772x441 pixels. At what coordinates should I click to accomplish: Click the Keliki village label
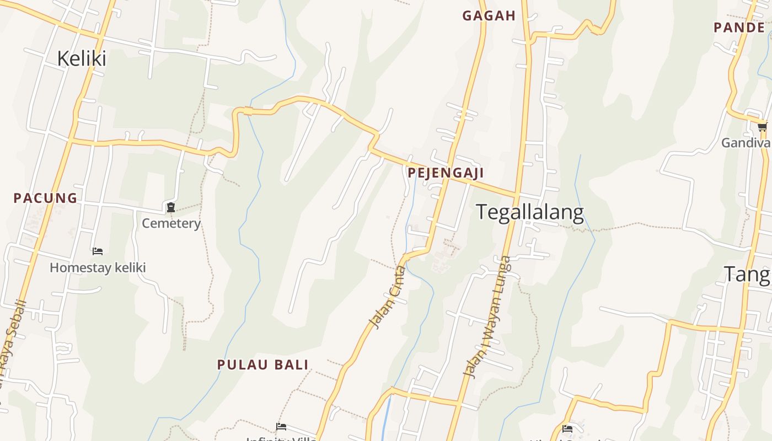point(82,58)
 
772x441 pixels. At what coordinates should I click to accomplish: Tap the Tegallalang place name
point(529,212)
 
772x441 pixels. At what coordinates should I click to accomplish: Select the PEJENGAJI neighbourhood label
point(446,173)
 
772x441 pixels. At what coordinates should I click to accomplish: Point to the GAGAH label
point(489,16)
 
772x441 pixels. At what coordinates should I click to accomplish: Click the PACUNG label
point(45,198)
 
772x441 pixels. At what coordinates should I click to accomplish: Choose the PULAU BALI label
point(262,364)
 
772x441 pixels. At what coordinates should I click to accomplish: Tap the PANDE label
point(739,27)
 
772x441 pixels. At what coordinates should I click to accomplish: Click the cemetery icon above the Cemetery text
point(171,208)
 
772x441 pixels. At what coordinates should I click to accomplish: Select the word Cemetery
point(171,223)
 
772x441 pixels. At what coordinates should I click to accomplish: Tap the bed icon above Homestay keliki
point(98,251)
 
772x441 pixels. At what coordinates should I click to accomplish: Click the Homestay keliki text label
point(98,268)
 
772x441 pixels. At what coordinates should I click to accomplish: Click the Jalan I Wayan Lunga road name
point(487,316)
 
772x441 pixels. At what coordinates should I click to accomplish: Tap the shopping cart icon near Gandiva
point(762,127)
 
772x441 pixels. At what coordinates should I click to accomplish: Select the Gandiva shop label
point(746,143)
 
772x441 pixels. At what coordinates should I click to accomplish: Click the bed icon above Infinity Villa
point(281,427)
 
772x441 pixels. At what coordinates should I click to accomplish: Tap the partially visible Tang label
point(747,274)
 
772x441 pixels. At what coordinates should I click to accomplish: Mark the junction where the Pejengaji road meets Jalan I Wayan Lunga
point(517,196)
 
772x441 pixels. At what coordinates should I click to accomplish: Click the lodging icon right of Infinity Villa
point(567,429)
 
